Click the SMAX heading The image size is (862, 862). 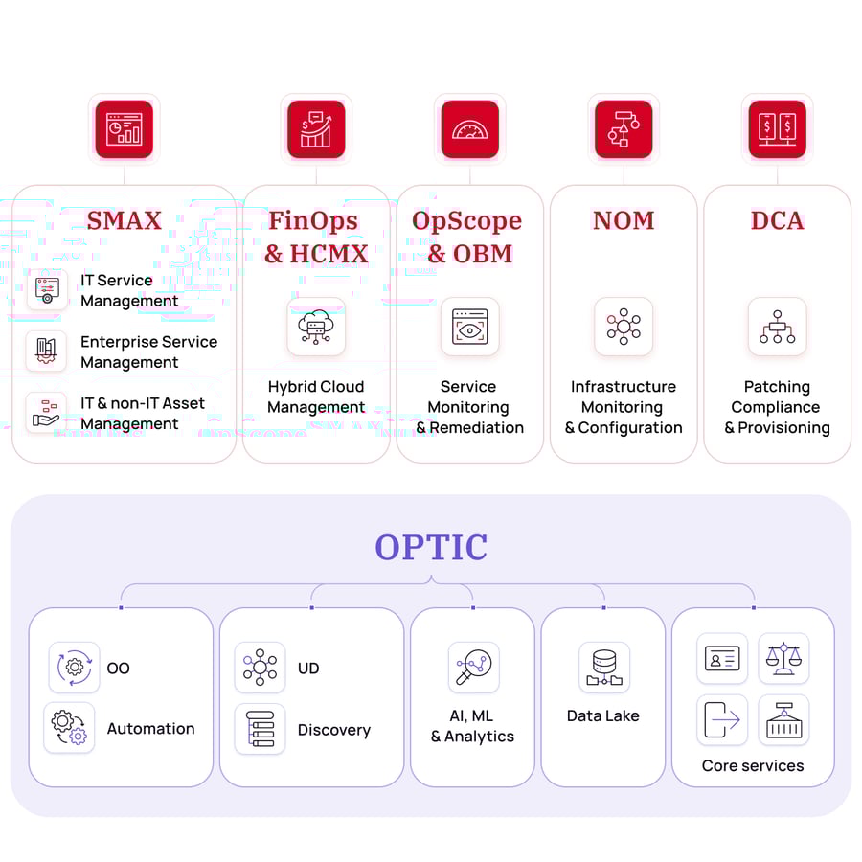pyautogui.click(x=125, y=220)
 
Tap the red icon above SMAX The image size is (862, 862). pyautogui.click(x=125, y=129)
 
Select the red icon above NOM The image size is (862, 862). pyautogui.click(x=624, y=129)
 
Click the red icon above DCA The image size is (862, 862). pyautogui.click(x=777, y=129)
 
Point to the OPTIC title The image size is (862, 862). pyautogui.click(x=431, y=547)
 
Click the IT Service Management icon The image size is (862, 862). pyautogui.click(x=46, y=290)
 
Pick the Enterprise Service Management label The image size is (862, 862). pyautogui.click(x=148, y=352)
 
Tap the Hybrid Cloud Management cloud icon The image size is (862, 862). pyautogui.click(x=316, y=327)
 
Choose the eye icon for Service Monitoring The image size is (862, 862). pyautogui.click(x=469, y=327)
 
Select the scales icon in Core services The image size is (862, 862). pyautogui.click(x=783, y=658)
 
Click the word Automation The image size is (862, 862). pyautogui.click(x=150, y=729)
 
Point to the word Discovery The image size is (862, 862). pyautogui.click(x=333, y=730)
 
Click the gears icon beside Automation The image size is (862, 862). pyautogui.click(x=69, y=728)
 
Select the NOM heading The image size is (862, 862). pyautogui.click(x=624, y=220)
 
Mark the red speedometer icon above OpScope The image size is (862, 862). pyautogui.click(x=469, y=129)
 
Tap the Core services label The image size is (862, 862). pyautogui.click(x=753, y=765)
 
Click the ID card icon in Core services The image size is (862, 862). pyautogui.click(x=722, y=658)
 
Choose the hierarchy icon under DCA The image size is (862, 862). pyautogui.click(x=777, y=327)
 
